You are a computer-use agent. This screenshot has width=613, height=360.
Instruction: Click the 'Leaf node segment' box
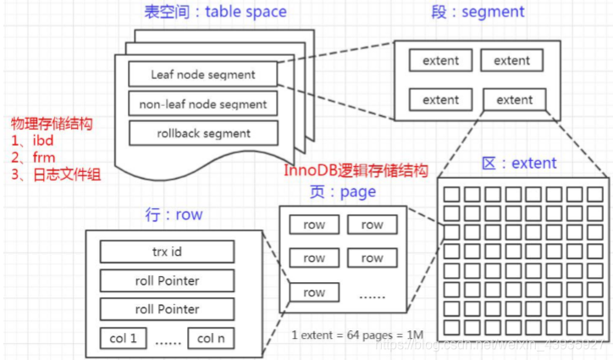point(203,74)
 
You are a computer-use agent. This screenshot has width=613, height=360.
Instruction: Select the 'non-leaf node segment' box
point(203,104)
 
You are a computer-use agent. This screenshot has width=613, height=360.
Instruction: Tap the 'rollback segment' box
point(203,133)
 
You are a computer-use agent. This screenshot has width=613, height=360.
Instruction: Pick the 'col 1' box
point(123,338)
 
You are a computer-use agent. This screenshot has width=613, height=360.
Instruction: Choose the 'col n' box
point(212,338)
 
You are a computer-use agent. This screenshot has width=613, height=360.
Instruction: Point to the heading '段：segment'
point(478,12)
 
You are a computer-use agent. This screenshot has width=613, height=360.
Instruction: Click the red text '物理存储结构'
point(51,123)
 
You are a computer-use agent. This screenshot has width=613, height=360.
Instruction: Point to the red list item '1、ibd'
point(32,141)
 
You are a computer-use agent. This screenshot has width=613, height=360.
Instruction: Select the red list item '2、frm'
point(32,158)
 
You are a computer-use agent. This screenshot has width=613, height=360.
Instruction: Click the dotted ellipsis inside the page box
point(373,294)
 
